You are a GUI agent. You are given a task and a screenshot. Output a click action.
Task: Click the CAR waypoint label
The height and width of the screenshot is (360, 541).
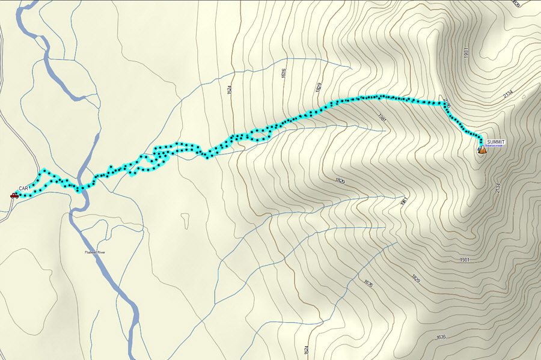(x=24, y=189)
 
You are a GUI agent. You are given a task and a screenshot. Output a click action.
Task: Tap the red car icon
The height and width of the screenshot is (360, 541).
(x=14, y=195)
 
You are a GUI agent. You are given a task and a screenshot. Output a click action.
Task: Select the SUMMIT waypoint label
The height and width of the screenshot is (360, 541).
(x=497, y=142)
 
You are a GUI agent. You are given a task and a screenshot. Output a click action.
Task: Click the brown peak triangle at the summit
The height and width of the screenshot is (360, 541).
(x=482, y=150)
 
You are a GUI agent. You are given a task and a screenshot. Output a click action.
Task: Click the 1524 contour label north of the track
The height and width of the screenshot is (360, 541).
(x=230, y=89)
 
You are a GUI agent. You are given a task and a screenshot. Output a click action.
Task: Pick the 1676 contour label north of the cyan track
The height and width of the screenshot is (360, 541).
(x=283, y=73)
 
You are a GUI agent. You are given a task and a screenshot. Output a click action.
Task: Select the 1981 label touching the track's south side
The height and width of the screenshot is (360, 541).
(x=382, y=118)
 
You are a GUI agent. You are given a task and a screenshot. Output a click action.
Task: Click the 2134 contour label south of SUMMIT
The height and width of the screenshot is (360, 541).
(x=498, y=188)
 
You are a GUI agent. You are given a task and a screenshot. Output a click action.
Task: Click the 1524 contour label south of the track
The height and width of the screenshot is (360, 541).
(x=306, y=349)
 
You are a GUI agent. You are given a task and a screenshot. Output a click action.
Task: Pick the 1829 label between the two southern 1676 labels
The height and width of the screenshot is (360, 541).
(x=415, y=278)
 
